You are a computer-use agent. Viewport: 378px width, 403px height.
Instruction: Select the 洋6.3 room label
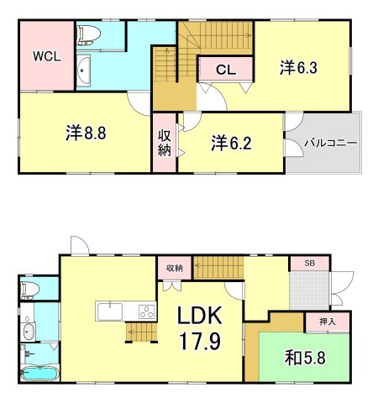(x=300, y=67)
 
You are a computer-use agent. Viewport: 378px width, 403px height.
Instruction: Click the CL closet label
(x=224, y=70)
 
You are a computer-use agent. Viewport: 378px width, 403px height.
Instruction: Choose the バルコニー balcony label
(x=326, y=143)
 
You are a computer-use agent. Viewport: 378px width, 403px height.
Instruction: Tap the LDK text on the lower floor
(x=199, y=317)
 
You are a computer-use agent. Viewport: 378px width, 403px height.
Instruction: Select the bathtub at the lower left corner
(x=38, y=374)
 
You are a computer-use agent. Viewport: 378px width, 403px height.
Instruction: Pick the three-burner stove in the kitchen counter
(x=145, y=311)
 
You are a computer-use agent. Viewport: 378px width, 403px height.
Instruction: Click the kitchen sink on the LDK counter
(x=111, y=311)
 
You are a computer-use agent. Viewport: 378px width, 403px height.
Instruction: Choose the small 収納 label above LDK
(x=174, y=268)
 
